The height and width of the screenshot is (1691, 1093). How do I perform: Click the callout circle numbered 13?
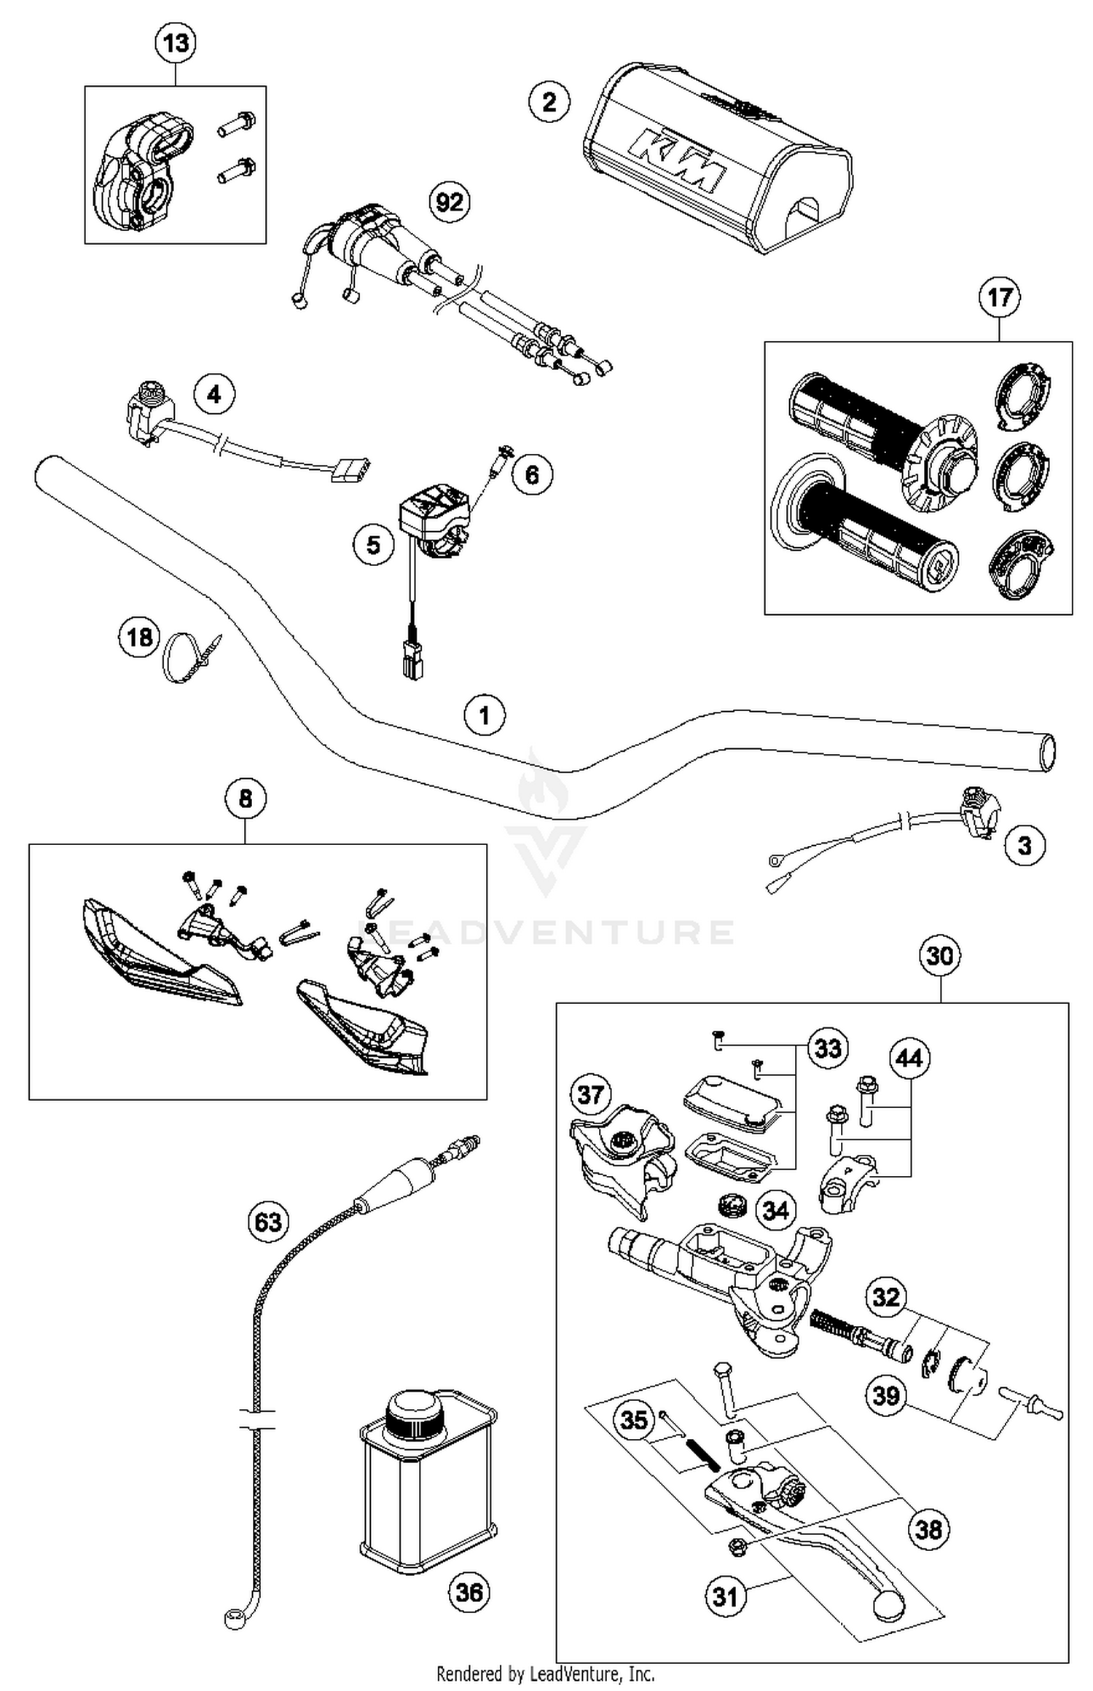click(176, 44)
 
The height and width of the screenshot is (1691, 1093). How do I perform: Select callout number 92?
click(449, 202)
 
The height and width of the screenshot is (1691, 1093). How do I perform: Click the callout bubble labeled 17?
click(999, 297)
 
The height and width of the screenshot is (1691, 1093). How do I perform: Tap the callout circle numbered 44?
click(909, 1058)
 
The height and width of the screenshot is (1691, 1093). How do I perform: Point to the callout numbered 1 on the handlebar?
click(485, 715)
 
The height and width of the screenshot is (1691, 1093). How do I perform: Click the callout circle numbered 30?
click(939, 955)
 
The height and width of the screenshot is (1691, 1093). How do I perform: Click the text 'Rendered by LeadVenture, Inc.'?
click(545, 1674)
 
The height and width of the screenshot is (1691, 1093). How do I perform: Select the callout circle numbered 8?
click(245, 799)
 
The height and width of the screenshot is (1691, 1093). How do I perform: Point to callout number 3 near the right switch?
click(1024, 846)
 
